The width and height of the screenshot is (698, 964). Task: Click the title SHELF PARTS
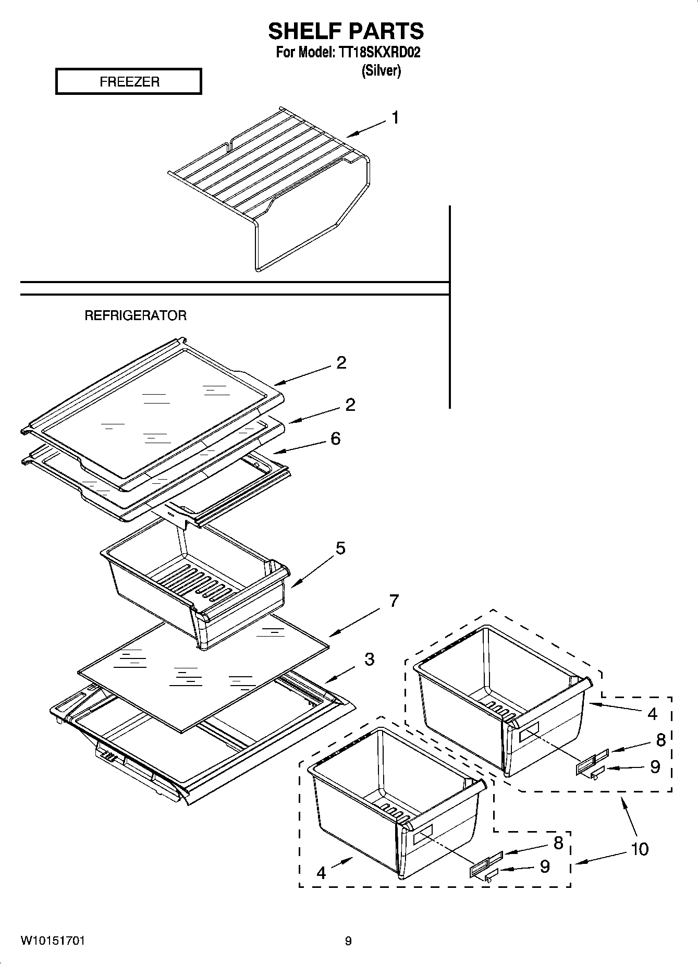(x=346, y=31)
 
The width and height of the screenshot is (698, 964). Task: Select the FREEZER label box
(x=129, y=82)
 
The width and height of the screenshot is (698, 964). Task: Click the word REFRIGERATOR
(x=136, y=315)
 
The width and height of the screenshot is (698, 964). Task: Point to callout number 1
(x=395, y=118)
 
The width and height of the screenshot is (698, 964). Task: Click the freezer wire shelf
(x=271, y=172)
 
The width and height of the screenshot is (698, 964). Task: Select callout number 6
(x=336, y=438)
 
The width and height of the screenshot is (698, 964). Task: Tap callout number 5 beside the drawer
(x=340, y=548)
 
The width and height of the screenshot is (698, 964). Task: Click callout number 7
(x=394, y=601)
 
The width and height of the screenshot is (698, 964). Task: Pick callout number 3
(x=369, y=659)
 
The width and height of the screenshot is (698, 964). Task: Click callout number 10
(x=640, y=849)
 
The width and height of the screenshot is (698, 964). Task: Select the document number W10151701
(x=53, y=941)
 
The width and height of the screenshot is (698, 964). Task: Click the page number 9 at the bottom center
(x=348, y=941)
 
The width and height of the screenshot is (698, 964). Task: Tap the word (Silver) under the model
(x=381, y=71)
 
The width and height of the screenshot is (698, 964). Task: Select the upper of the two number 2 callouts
(x=341, y=362)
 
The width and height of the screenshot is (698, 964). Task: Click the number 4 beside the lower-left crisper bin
(x=321, y=873)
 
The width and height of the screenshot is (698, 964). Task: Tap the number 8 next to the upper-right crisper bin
(x=660, y=739)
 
